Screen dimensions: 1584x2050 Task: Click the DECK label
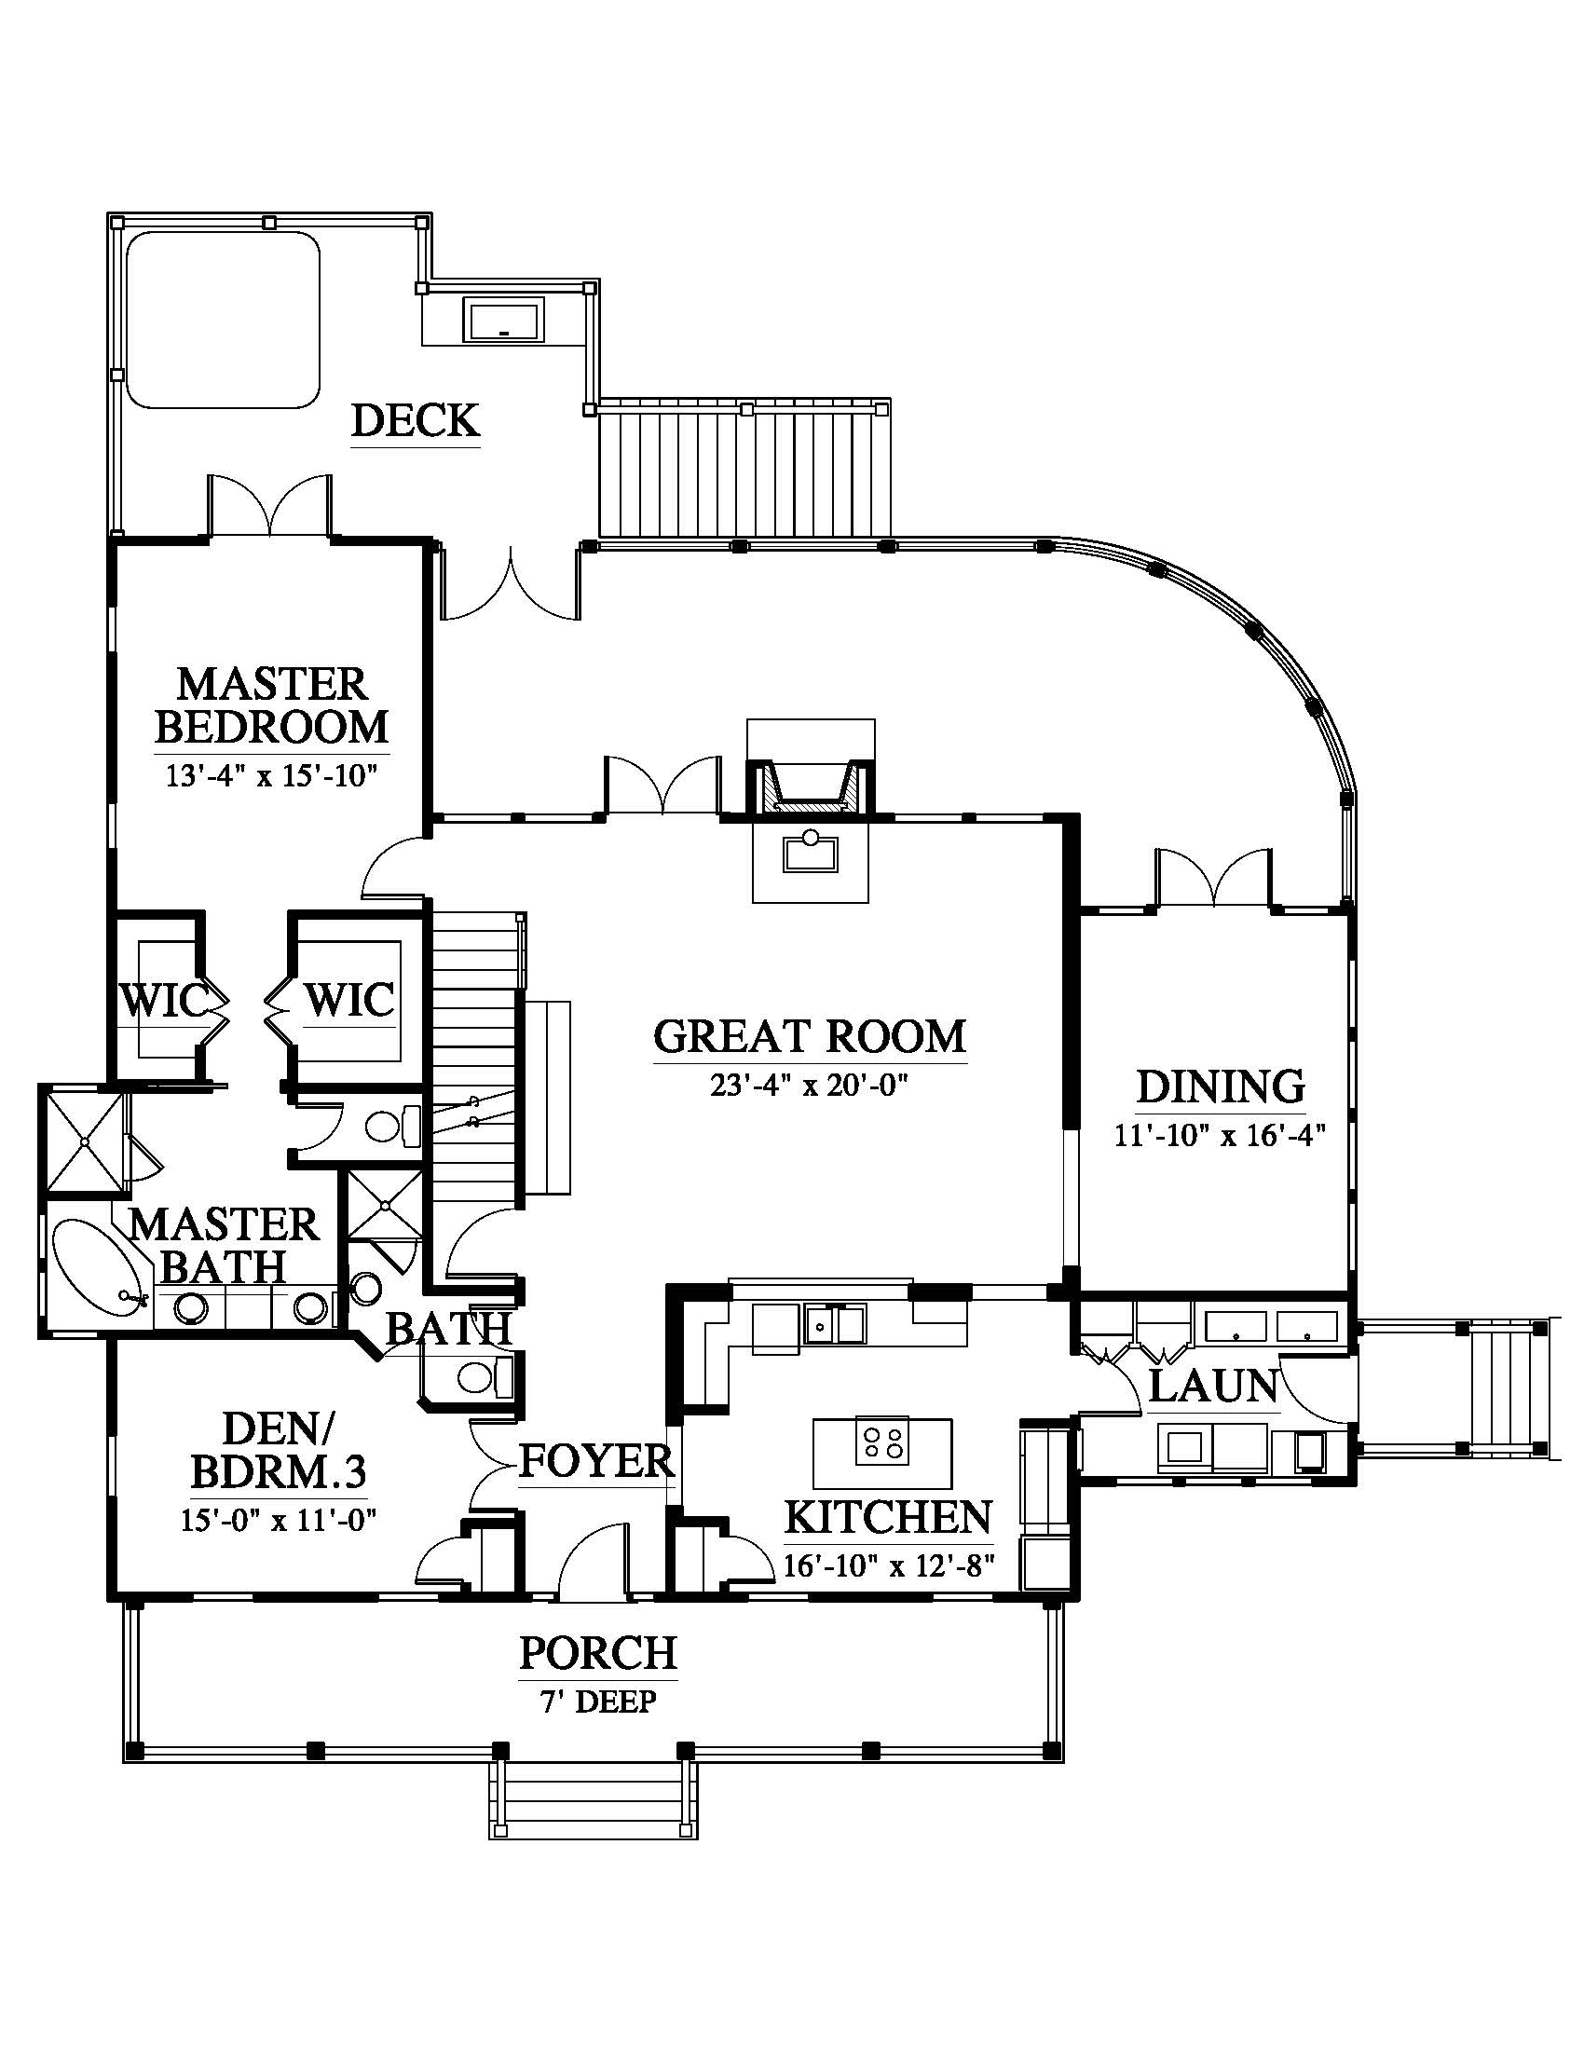click(x=416, y=421)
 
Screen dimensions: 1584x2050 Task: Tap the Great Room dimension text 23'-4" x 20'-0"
click(x=810, y=1086)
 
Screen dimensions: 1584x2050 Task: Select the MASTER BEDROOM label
click(x=272, y=705)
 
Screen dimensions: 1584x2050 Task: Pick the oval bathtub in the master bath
click(x=100, y=1268)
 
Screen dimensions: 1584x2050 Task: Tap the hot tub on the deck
click(x=223, y=319)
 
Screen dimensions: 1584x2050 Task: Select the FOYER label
click(x=598, y=1460)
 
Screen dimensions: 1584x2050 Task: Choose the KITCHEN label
click(x=888, y=1518)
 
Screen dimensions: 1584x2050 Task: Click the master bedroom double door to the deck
click(x=269, y=506)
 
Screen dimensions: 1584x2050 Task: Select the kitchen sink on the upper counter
click(x=834, y=1324)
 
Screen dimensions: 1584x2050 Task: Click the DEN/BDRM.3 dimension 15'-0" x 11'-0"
click(x=279, y=1545)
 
